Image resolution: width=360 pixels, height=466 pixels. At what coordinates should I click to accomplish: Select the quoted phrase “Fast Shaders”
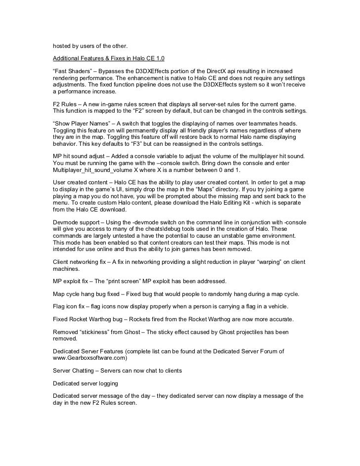pos(71,72)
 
